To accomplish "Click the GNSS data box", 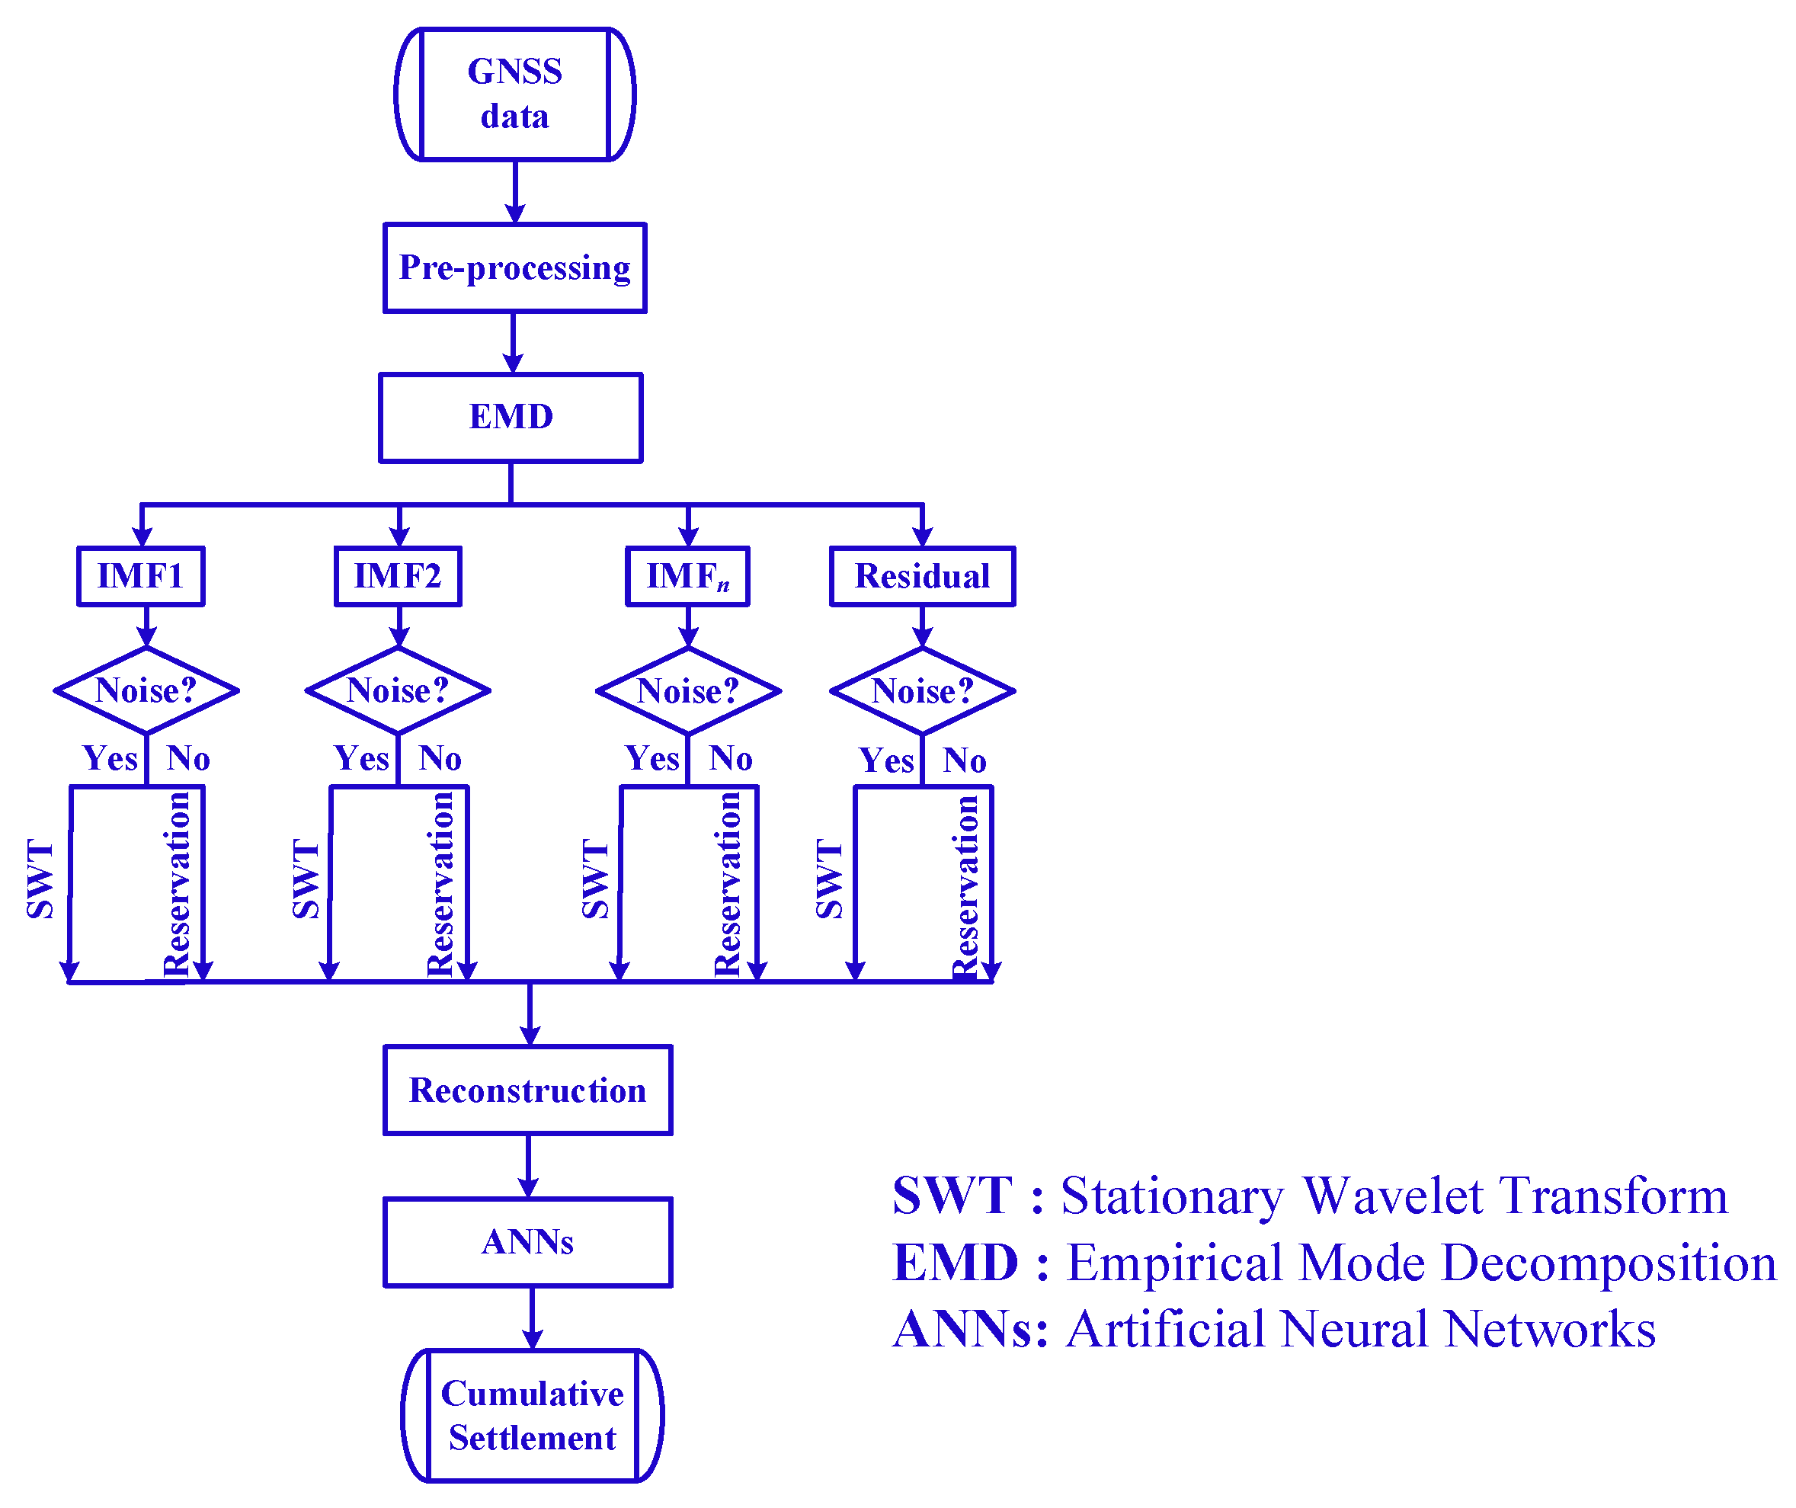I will pyautogui.click(x=514, y=94).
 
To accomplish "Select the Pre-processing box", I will pyautogui.click(x=514, y=267).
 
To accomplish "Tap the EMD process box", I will pyautogui.click(x=511, y=418).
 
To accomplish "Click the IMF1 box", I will pyautogui.click(x=141, y=577).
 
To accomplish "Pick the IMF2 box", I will pyautogui.click(x=398, y=577).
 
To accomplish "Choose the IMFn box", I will pyautogui.click(x=687, y=577).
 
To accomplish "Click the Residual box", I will pyautogui.click(x=922, y=577).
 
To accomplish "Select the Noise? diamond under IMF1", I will pyautogui.click(x=146, y=690).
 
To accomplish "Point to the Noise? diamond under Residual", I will pyautogui.click(x=922, y=691).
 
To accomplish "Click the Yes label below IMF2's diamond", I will pyautogui.click(x=361, y=759).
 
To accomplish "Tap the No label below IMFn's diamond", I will pyautogui.click(x=731, y=759).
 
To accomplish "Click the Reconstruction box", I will pyautogui.click(x=528, y=1090).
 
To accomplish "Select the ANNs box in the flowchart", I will pyautogui.click(x=528, y=1242).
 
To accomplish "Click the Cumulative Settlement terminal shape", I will pyautogui.click(x=532, y=1416).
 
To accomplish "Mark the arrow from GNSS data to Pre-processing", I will pyautogui.click(x=515, y=193).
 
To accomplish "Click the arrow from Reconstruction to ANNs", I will pyautogui.click(x=529, y=1167).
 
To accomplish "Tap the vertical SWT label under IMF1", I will pyautogui.click(x=40, y=879).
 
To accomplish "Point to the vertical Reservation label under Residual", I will pyautogui.click(x=965, y=888).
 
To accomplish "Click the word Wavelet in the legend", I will pyautogui.click(x=1392, y=1196).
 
